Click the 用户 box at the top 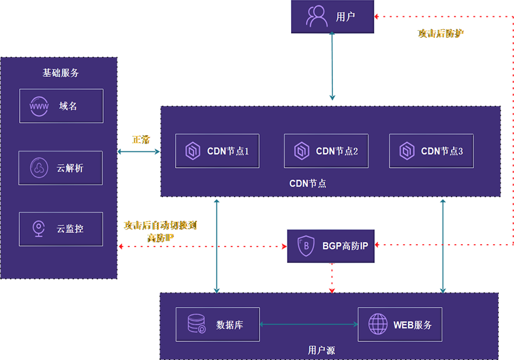point(332,17)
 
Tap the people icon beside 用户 point(317,17)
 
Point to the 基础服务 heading point(61,73)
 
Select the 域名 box point(61,106)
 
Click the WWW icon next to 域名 point(39,106)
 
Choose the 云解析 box point(61,168)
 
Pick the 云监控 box point(61,229)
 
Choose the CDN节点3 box point(431,151)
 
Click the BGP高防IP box point(332,246)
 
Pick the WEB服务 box point(399,324)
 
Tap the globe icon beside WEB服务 point(378,324)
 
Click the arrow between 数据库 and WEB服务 point(309,324)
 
